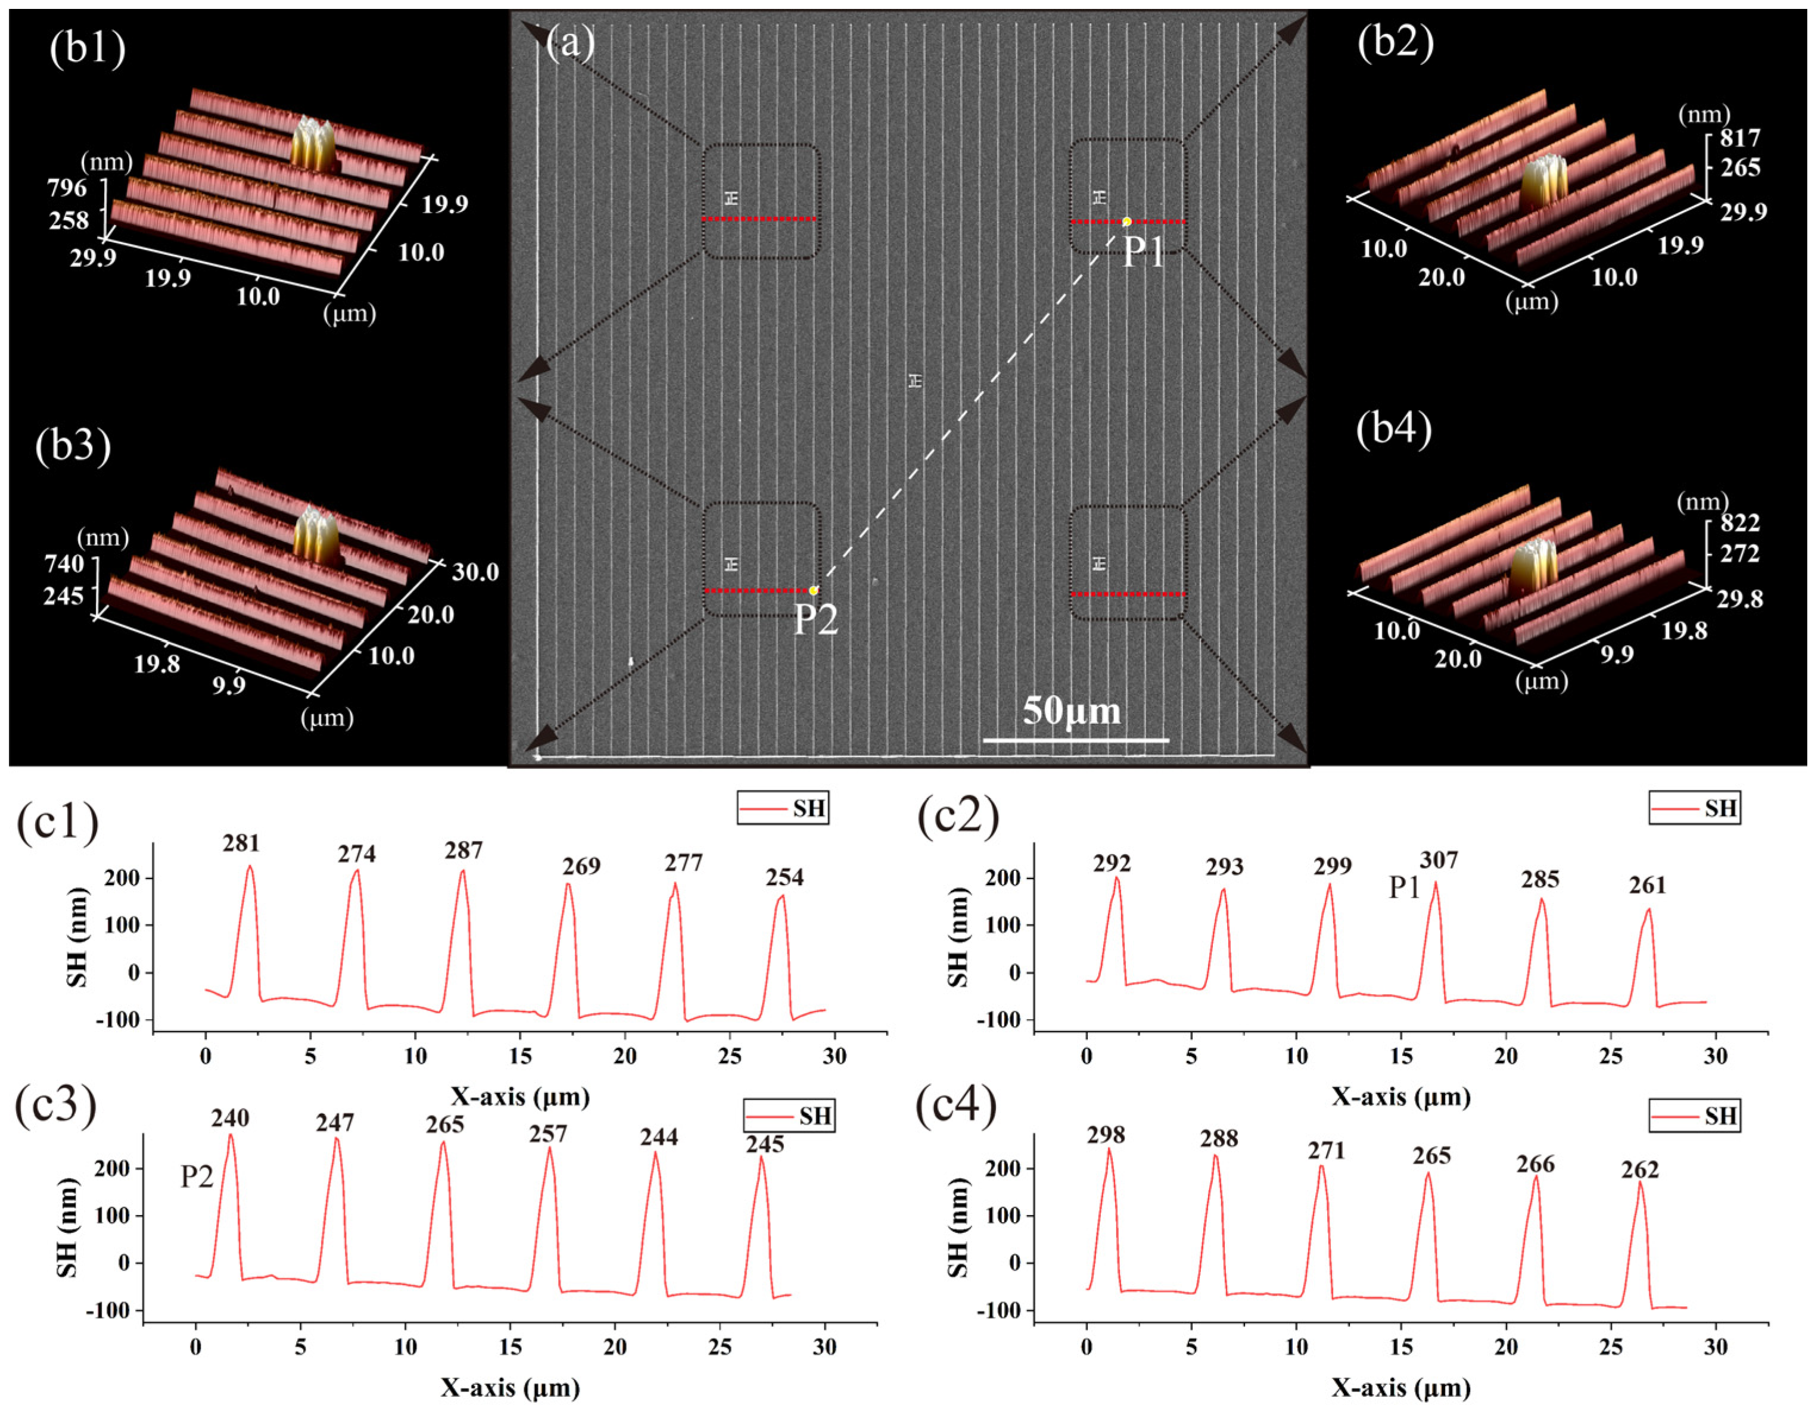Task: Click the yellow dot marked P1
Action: click(1126, 222)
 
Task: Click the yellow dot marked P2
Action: click(813, 590)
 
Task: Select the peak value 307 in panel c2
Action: click(1439, 859)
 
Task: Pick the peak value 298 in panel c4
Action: click(1106, 1135)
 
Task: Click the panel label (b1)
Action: click(88, 49)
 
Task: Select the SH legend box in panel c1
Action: click(783, 808)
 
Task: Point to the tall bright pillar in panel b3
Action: click(317, 534)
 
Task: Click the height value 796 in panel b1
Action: click(67, 188)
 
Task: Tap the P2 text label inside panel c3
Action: click(197, 1177)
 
